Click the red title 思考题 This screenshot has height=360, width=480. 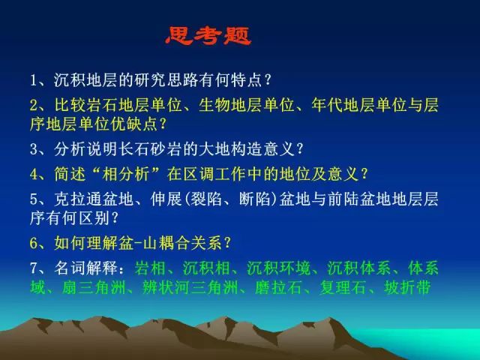tap(208, 36)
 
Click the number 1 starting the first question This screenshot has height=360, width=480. tap(34, 80)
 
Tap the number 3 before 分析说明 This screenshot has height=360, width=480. tap(34, 149)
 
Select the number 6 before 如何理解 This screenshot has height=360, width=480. tap(34, 243)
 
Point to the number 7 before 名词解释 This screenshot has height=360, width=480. tap(34, 268)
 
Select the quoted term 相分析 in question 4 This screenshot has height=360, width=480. tap(126, 174)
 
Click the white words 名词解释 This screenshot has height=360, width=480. tap(86, 268)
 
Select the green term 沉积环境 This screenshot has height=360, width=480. tap(278, 268)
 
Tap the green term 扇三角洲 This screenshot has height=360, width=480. tap(94, 288)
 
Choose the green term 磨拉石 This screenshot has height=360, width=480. tap(278, 288)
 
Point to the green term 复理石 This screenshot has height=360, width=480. tap(343, 288)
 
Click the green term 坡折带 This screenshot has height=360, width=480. tap(407, 288)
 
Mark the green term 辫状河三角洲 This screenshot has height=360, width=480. tap(190, 288)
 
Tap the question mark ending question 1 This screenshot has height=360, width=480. tap(268, 80)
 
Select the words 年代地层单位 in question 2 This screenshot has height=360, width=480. tap(359, 106)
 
